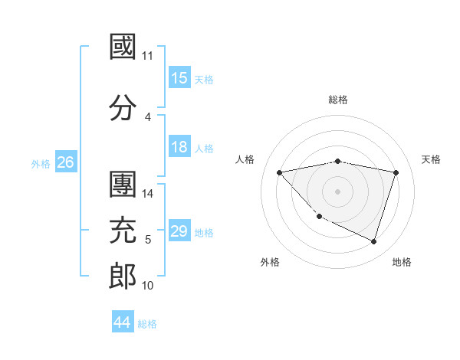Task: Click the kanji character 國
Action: coord(123,47)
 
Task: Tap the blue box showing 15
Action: coord(179,78)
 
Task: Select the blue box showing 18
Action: coord(179,148)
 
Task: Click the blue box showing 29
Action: coord(179,232)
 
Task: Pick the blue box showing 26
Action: coord(65,162)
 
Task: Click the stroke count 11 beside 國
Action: coord(148,57)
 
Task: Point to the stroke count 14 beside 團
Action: coord(148,195)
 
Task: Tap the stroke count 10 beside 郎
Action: coord(148,286)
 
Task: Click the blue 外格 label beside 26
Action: coord(40,163)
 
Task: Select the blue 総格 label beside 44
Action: coord(147,324)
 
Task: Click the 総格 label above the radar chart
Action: coord(338,100)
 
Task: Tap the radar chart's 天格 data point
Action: coord(396,172)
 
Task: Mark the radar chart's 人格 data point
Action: coord(279,172)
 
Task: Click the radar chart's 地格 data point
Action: coord(373,242)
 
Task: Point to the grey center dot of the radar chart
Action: coord(337,191)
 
